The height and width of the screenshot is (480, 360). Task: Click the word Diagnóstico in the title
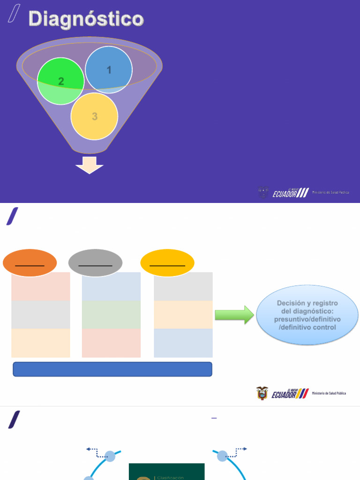click(x=86, y=19)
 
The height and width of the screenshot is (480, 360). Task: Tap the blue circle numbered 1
click(x=109, y=70)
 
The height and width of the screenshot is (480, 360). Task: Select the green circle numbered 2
click(x=60, y=81)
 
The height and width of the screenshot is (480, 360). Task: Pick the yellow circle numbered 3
click(x=94, y=116)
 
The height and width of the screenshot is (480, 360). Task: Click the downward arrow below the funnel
click(x=89, y=165)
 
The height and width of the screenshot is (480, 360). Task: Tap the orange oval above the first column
click(x=30, y=263)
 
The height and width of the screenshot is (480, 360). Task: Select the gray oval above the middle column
click(x=95, y=263)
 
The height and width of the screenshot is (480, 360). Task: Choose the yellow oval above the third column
click(x=167, y=263)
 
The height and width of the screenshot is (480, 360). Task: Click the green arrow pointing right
click(x=233, y=315)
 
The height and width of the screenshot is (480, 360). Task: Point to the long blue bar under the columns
click(x=112, y=369)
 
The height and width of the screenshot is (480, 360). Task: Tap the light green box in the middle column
click(x=111, y=315)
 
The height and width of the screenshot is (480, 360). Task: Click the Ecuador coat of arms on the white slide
click(x=262, y=393)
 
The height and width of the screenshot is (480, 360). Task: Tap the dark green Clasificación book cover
click(x=166, y=472)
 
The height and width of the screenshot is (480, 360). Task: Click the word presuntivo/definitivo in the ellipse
click(x=307, y=319)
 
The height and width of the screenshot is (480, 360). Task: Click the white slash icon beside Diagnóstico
click(x=14, y=15)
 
